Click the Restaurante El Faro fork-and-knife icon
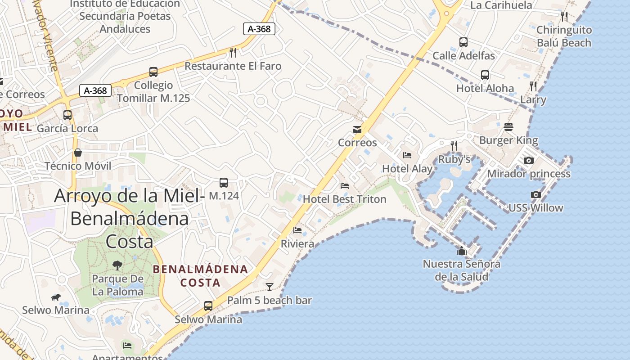(x=233, y=53)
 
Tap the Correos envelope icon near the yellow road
(x=357, y=130)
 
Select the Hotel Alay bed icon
(x=407, y=155)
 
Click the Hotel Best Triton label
(x=344, y=199)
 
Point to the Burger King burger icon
(x=508, y=127)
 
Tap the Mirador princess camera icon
(x=529, y=160)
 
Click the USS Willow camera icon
(x=535, y=194)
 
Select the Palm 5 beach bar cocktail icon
(x=270, y=287)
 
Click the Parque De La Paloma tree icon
(x=117, y=265)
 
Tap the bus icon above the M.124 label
(x=224, y=182)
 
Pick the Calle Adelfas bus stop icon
(x=463, y=42)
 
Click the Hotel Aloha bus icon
(x=485, y=75)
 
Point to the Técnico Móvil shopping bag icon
(x=78, y=153)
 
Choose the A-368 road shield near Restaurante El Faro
(x=259, y=29)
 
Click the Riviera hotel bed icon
(x=297, y=230)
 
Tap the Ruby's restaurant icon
(x=454, y=145)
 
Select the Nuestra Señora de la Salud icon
(x=462, y=251)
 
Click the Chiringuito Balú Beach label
(x=564, y=36)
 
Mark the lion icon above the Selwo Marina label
(x=56, y=297)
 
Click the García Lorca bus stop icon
(x=67, y=115)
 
